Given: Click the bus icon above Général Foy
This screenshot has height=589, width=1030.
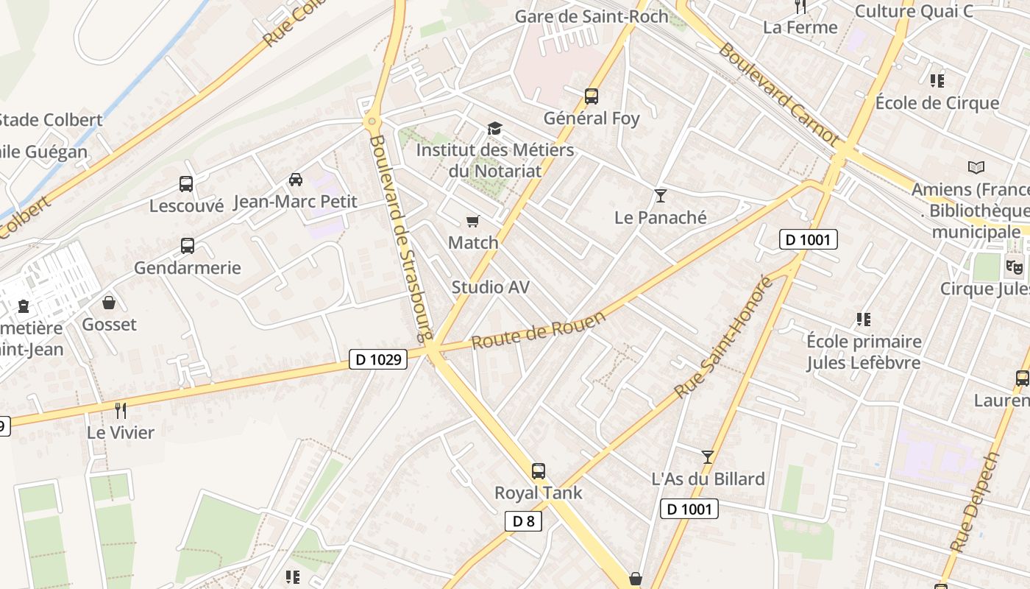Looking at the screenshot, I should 591,96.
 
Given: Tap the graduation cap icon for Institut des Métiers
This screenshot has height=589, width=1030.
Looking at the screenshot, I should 494,129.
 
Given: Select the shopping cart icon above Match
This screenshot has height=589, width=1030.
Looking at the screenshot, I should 473,221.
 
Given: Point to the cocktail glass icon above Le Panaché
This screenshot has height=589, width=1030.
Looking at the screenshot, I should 660,195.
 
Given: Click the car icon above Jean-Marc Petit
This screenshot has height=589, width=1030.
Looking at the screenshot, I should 295,179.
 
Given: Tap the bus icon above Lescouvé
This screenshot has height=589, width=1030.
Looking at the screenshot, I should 186,184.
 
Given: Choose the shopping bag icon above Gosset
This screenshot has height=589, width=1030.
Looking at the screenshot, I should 109,303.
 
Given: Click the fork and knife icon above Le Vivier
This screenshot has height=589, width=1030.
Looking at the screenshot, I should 121,410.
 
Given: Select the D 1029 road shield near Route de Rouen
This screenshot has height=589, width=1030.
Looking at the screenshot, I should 377,359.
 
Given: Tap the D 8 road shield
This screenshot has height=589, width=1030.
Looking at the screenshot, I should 523,521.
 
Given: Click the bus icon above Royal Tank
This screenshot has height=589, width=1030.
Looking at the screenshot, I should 539,470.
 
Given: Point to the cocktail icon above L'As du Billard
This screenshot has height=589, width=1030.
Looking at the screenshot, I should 708,457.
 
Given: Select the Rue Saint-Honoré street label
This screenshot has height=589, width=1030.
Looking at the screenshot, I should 725,336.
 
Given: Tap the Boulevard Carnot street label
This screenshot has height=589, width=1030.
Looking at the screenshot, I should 778,93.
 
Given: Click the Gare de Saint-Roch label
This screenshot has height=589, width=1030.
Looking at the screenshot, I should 592,16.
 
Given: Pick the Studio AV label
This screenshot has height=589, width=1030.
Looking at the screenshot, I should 490,287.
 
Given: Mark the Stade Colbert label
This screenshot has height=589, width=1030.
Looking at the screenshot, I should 50,120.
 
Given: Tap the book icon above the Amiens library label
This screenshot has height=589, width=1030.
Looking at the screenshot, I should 976,167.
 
